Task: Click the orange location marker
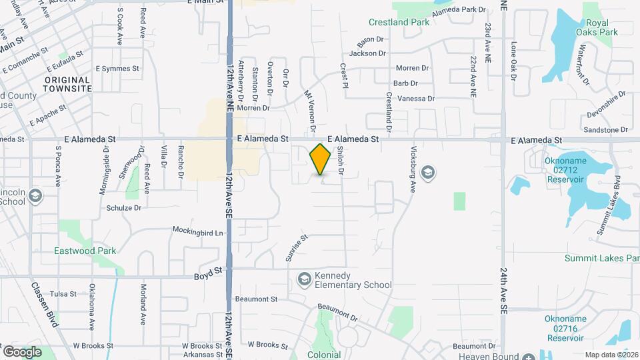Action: pyautogui.click(x=321, y=159)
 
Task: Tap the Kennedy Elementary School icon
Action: pyautogui.click(x=305, y=279)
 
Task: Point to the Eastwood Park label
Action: pyautogui.click(x=85, y=251)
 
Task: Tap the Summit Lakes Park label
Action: pyautogui.click(x=601, y=258)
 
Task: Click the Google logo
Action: pyautogui.click(x=22, y=351)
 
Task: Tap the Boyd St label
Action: pyautogui.click(x=207, y=274)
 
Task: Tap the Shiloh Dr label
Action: pyautogui.click(x=340, y=161)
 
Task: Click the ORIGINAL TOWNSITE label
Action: pyautogui.click(x=67, y=83)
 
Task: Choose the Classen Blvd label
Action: pyautogui.click(x=44, y=304)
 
